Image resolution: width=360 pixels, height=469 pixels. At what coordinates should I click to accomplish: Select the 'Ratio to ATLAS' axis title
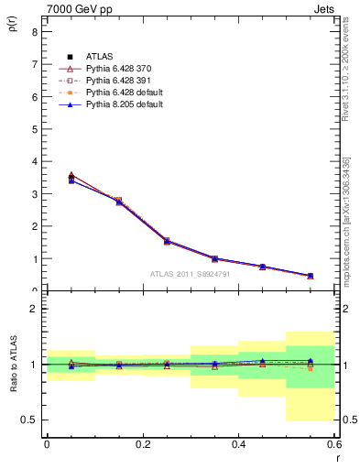[13, 365]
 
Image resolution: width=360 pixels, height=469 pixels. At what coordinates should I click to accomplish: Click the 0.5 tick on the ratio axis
[29, 420]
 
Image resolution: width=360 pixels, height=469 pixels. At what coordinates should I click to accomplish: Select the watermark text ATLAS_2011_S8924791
[190, 274]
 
